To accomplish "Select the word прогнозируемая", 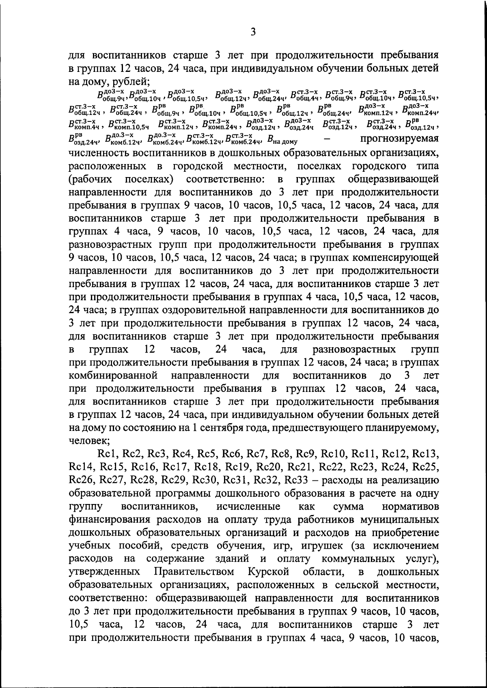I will pyautogui.click(x=400, y=138).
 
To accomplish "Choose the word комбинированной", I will pyautogui.click(x=113, y=376).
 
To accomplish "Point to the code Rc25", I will pyautogui.click(x=425, y=467).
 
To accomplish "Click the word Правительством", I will pyautogui.click(x=194, y=572).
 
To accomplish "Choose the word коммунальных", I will pyautogui.click(x=353, y=559).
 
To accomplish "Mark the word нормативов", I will pyautogui.click(x=410, y=507).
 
